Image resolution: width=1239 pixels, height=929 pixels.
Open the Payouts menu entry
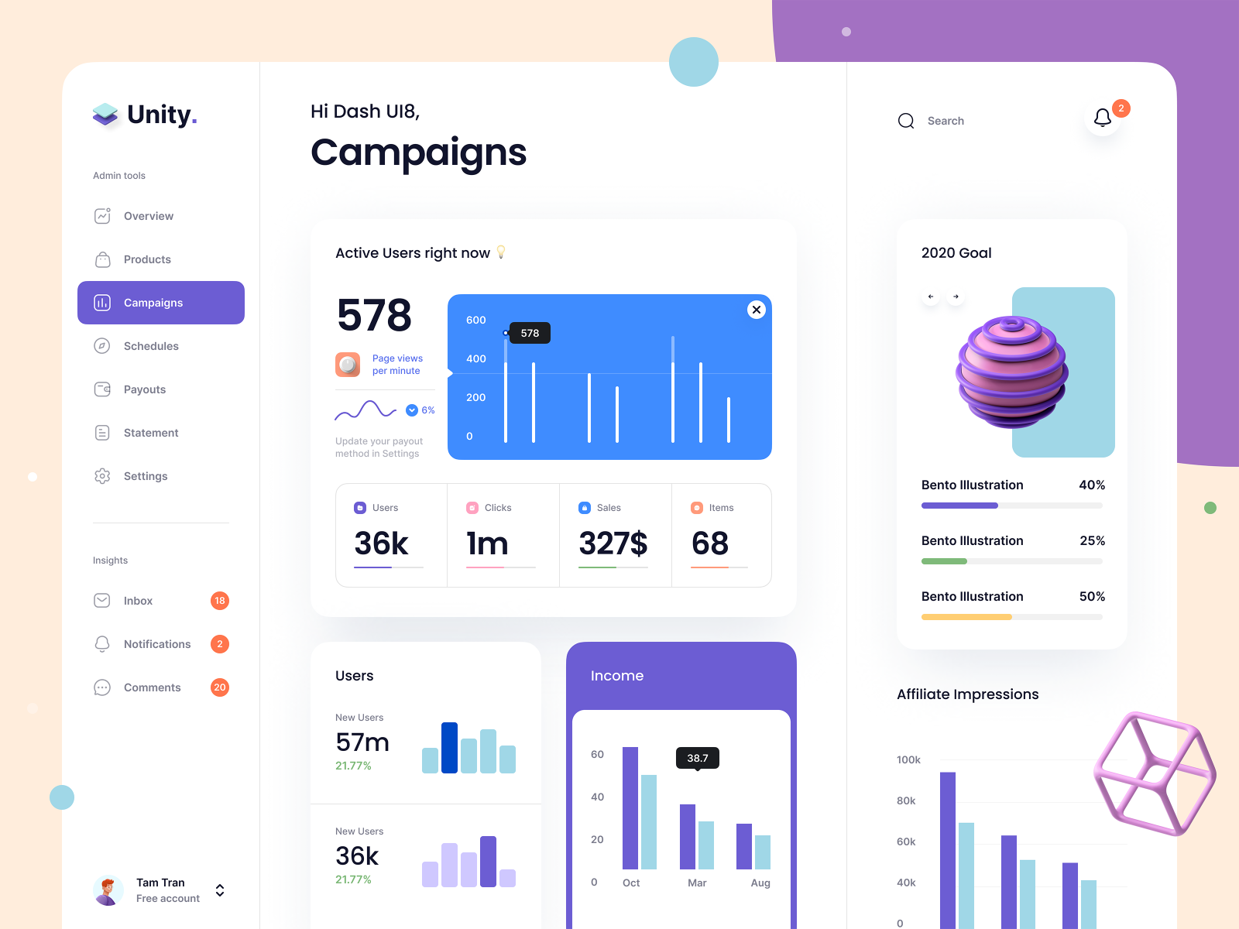145,389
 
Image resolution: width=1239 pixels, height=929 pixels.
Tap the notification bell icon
1103,118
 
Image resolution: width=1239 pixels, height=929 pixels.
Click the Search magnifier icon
906,121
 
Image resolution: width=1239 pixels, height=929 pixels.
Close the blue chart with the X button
757,310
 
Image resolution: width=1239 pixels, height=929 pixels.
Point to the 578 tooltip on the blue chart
530,333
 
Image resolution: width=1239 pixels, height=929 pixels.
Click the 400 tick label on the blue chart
475,358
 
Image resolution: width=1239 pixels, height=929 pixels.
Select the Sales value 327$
613,543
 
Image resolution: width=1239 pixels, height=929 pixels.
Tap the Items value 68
710,543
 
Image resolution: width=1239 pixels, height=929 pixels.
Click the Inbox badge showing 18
220,601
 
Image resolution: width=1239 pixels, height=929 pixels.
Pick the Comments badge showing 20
220,687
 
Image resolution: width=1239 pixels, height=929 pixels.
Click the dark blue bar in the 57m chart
449,748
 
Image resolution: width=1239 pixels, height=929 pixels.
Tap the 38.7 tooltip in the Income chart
697,758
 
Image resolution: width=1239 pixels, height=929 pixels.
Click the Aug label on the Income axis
760,883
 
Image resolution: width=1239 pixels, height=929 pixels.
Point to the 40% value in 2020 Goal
1092,485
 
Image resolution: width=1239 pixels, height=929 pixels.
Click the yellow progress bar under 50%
966,617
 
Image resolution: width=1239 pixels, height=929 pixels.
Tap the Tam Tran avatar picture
108,890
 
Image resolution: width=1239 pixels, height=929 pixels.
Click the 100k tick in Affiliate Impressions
908,759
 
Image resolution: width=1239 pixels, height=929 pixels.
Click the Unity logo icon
105,115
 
